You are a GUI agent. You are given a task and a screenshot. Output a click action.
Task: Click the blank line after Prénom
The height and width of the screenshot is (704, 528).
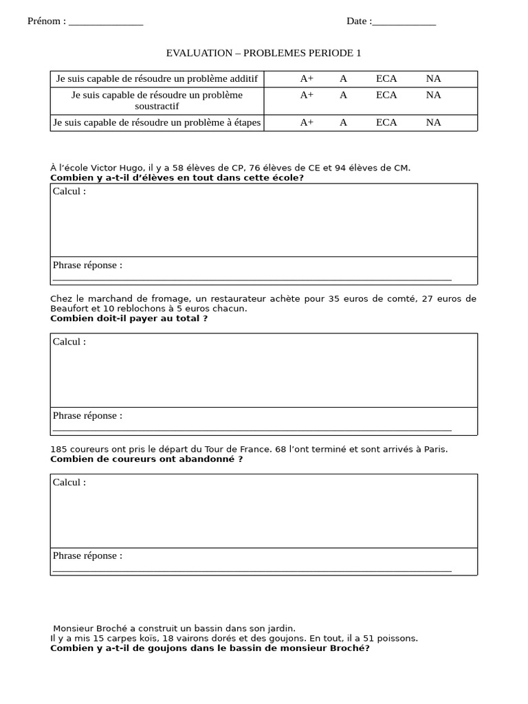[x=106, y=23]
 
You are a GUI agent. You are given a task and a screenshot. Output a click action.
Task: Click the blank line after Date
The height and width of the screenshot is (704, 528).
[x=404, y=23]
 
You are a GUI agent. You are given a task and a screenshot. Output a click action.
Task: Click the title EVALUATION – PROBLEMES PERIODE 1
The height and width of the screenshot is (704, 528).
[x=263, y=53]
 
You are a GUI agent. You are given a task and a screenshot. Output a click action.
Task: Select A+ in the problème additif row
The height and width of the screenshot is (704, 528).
[x=307, y=78]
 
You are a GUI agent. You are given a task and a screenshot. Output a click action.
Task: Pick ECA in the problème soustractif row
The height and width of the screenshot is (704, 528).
[x=386, y=95]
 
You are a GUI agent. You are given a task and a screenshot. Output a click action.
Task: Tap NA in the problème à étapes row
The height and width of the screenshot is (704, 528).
[x=433, y=122]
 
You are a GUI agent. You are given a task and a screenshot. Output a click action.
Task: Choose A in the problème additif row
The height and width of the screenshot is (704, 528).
[x=343, y=78]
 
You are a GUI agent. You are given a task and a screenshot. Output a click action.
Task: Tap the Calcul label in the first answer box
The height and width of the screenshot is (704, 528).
[x=69, y=191]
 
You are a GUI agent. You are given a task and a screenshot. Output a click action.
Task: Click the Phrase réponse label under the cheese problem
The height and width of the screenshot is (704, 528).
[x=87, y=415]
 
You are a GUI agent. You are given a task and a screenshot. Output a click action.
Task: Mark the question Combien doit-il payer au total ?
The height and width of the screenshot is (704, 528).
[x=129, y=318]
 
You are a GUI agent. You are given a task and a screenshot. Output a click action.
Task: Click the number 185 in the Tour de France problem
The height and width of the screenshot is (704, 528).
[x=58, y=449]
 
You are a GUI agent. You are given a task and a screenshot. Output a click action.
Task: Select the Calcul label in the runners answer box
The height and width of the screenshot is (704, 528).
[x=69, y=482]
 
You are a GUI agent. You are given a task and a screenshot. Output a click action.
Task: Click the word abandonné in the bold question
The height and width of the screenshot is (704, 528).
[x=205, y=459]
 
